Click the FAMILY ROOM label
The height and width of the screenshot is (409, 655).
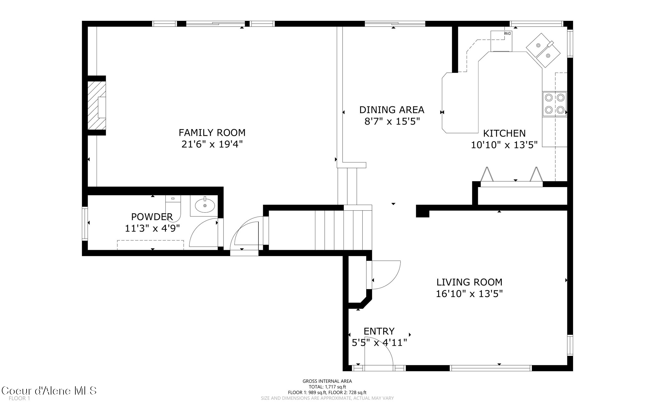click(212, 132)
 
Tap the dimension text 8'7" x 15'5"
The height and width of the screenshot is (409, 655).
click(392, 122)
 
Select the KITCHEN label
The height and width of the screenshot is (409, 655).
click(504, 133)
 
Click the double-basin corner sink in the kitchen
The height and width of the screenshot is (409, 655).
click(543, 51)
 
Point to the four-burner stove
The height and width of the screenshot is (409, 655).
click(554, 104)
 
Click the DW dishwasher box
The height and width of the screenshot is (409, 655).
click(501, 41)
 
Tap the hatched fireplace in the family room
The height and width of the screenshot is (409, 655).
click(96, 106)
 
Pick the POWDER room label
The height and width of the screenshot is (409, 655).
click(152, 217)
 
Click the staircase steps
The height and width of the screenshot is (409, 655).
click(343, 230)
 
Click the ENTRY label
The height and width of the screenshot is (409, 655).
click(379, 331)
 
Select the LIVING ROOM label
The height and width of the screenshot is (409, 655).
click(469, 282)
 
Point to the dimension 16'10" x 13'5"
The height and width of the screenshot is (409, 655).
click(469, 294)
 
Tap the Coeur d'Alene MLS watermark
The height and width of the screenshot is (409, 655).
click(49, 390)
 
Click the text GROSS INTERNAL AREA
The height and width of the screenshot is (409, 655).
click(327, 381)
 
